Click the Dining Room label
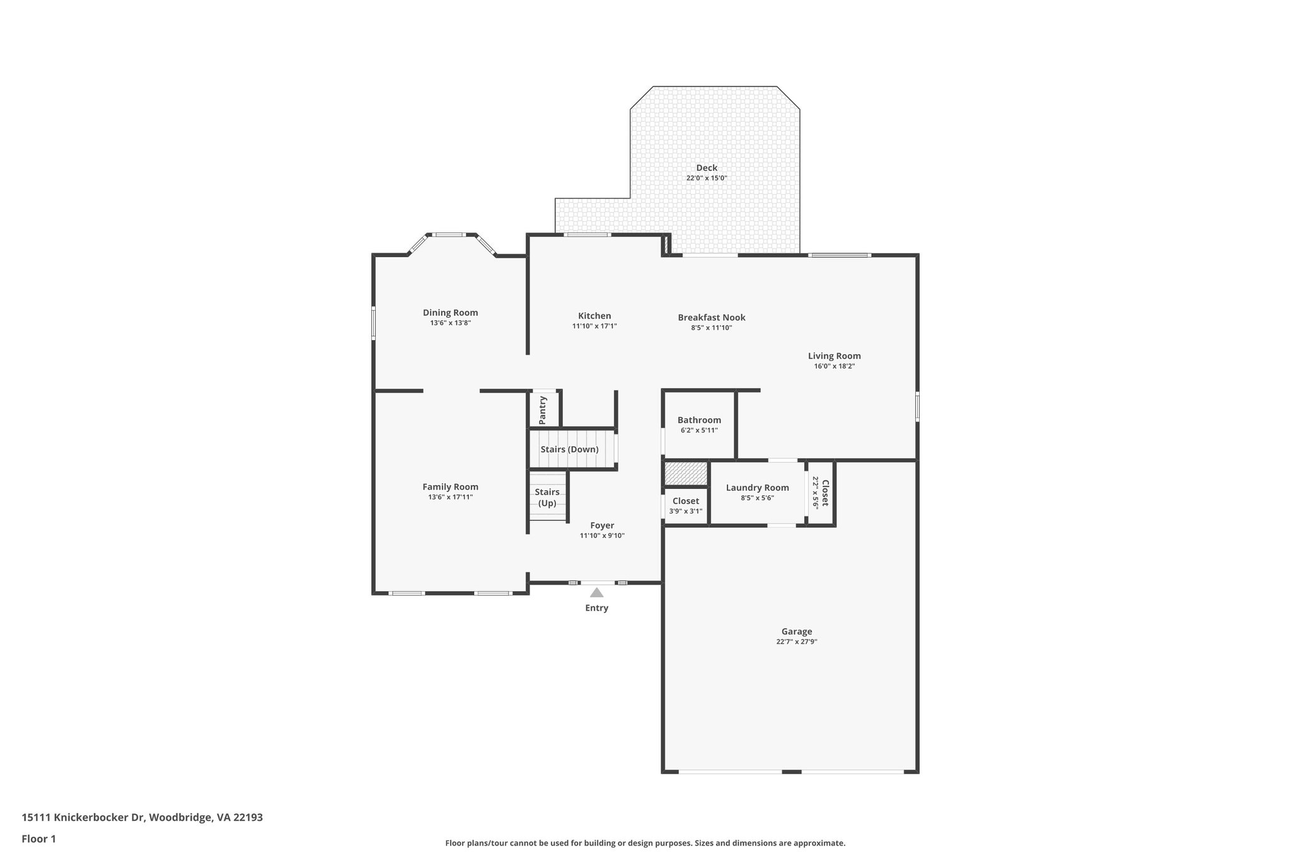pos(450,312)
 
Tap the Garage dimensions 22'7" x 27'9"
pos(797,642)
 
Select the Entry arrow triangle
pos(596,592)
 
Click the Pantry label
pos(543,410)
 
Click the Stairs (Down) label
pos(569,449)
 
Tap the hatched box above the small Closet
pos(686,474)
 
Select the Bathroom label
pos(699,420)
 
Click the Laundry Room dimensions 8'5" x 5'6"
pos(757,498)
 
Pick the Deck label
pos(707,168)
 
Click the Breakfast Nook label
pos(712,318)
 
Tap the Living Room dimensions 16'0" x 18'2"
pos(834,366)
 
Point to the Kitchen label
pos(594,316)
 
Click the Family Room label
pos(450,487)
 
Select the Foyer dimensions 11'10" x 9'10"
pos(602,536)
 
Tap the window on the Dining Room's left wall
pos(374,323)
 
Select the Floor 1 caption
pos(39,839)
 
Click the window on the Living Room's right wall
pos(917,406)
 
